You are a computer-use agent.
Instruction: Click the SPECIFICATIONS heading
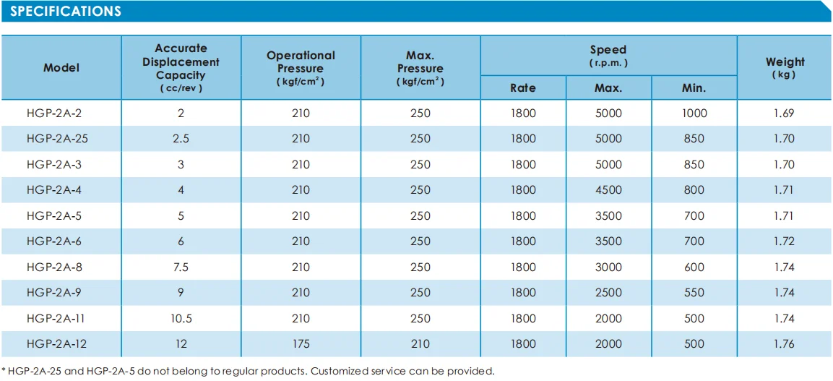[66, 12]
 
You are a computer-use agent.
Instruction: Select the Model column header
[61, 67]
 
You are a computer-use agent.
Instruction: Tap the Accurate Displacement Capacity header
[181, 67]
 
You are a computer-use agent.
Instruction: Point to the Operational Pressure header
[301, 67]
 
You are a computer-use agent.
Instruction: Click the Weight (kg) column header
[785, 67]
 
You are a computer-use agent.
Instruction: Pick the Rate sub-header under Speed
[523, 87]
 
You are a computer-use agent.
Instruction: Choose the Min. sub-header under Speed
[694, 87]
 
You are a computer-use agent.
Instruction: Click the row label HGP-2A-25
[58, 139]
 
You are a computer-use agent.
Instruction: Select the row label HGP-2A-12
[57, 344]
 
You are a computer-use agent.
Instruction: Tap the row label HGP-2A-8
[55, 267]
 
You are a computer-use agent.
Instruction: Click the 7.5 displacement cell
[181, 267]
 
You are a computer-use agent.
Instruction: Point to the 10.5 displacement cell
[181, 318]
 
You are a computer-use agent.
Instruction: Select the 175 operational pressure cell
[301, 344]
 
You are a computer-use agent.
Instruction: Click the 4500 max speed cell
[608, 190]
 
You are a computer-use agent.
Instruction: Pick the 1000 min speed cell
[694, 113]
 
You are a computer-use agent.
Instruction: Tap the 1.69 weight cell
[784, 113]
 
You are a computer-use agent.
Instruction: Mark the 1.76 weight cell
[784, 344]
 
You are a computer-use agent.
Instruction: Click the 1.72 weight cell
[784, 241]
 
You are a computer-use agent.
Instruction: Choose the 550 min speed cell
[694, 293]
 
